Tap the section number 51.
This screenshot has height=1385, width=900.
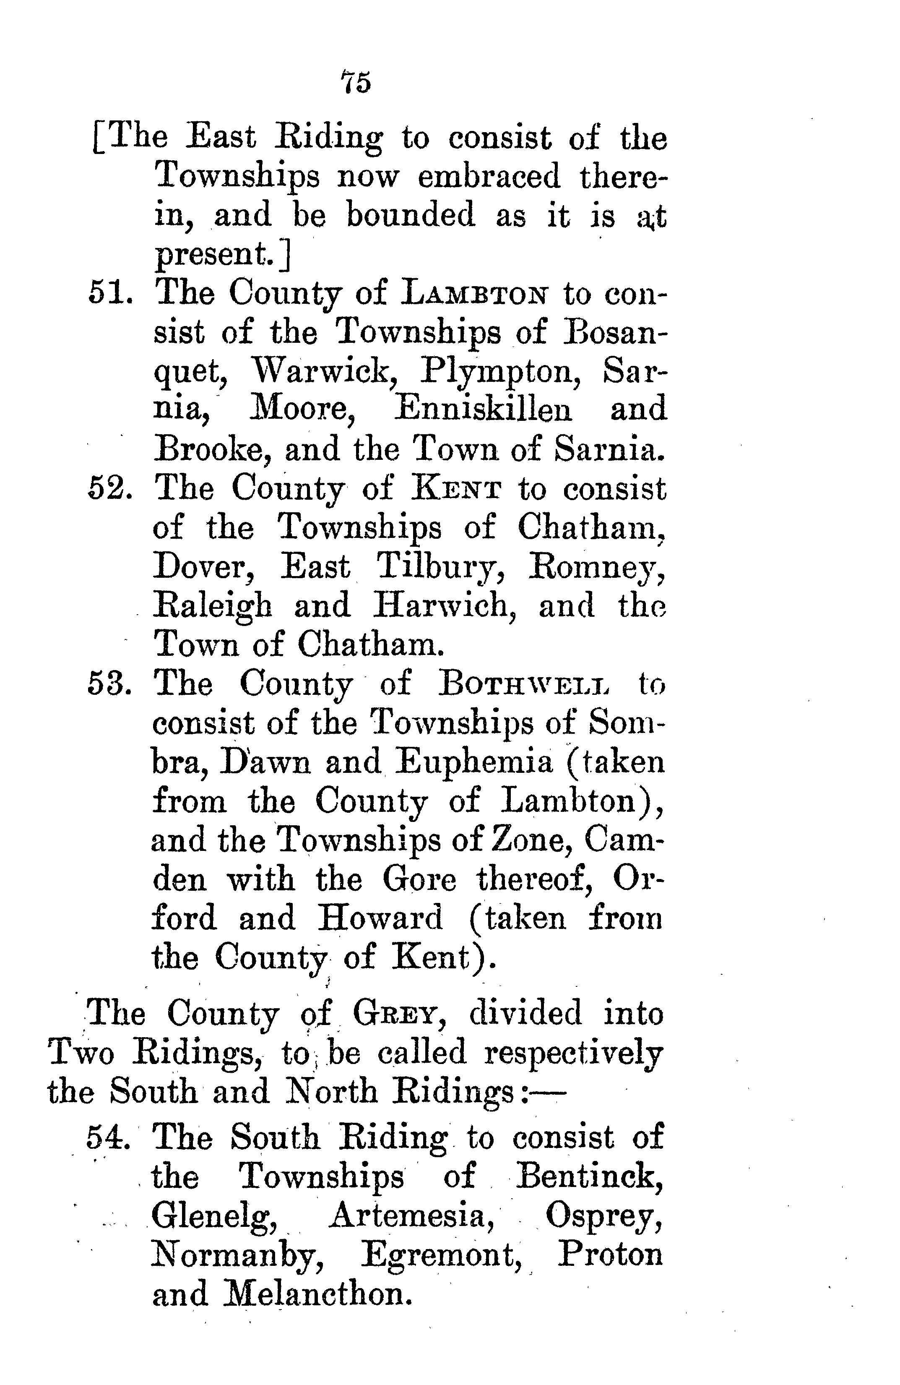click(111, 293)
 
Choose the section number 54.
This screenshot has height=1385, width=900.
click(108, 1137)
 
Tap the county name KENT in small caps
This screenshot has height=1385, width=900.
click(455, 489)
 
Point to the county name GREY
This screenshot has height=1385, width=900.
click(400, 1014)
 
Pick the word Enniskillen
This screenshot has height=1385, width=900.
click(483, 410)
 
